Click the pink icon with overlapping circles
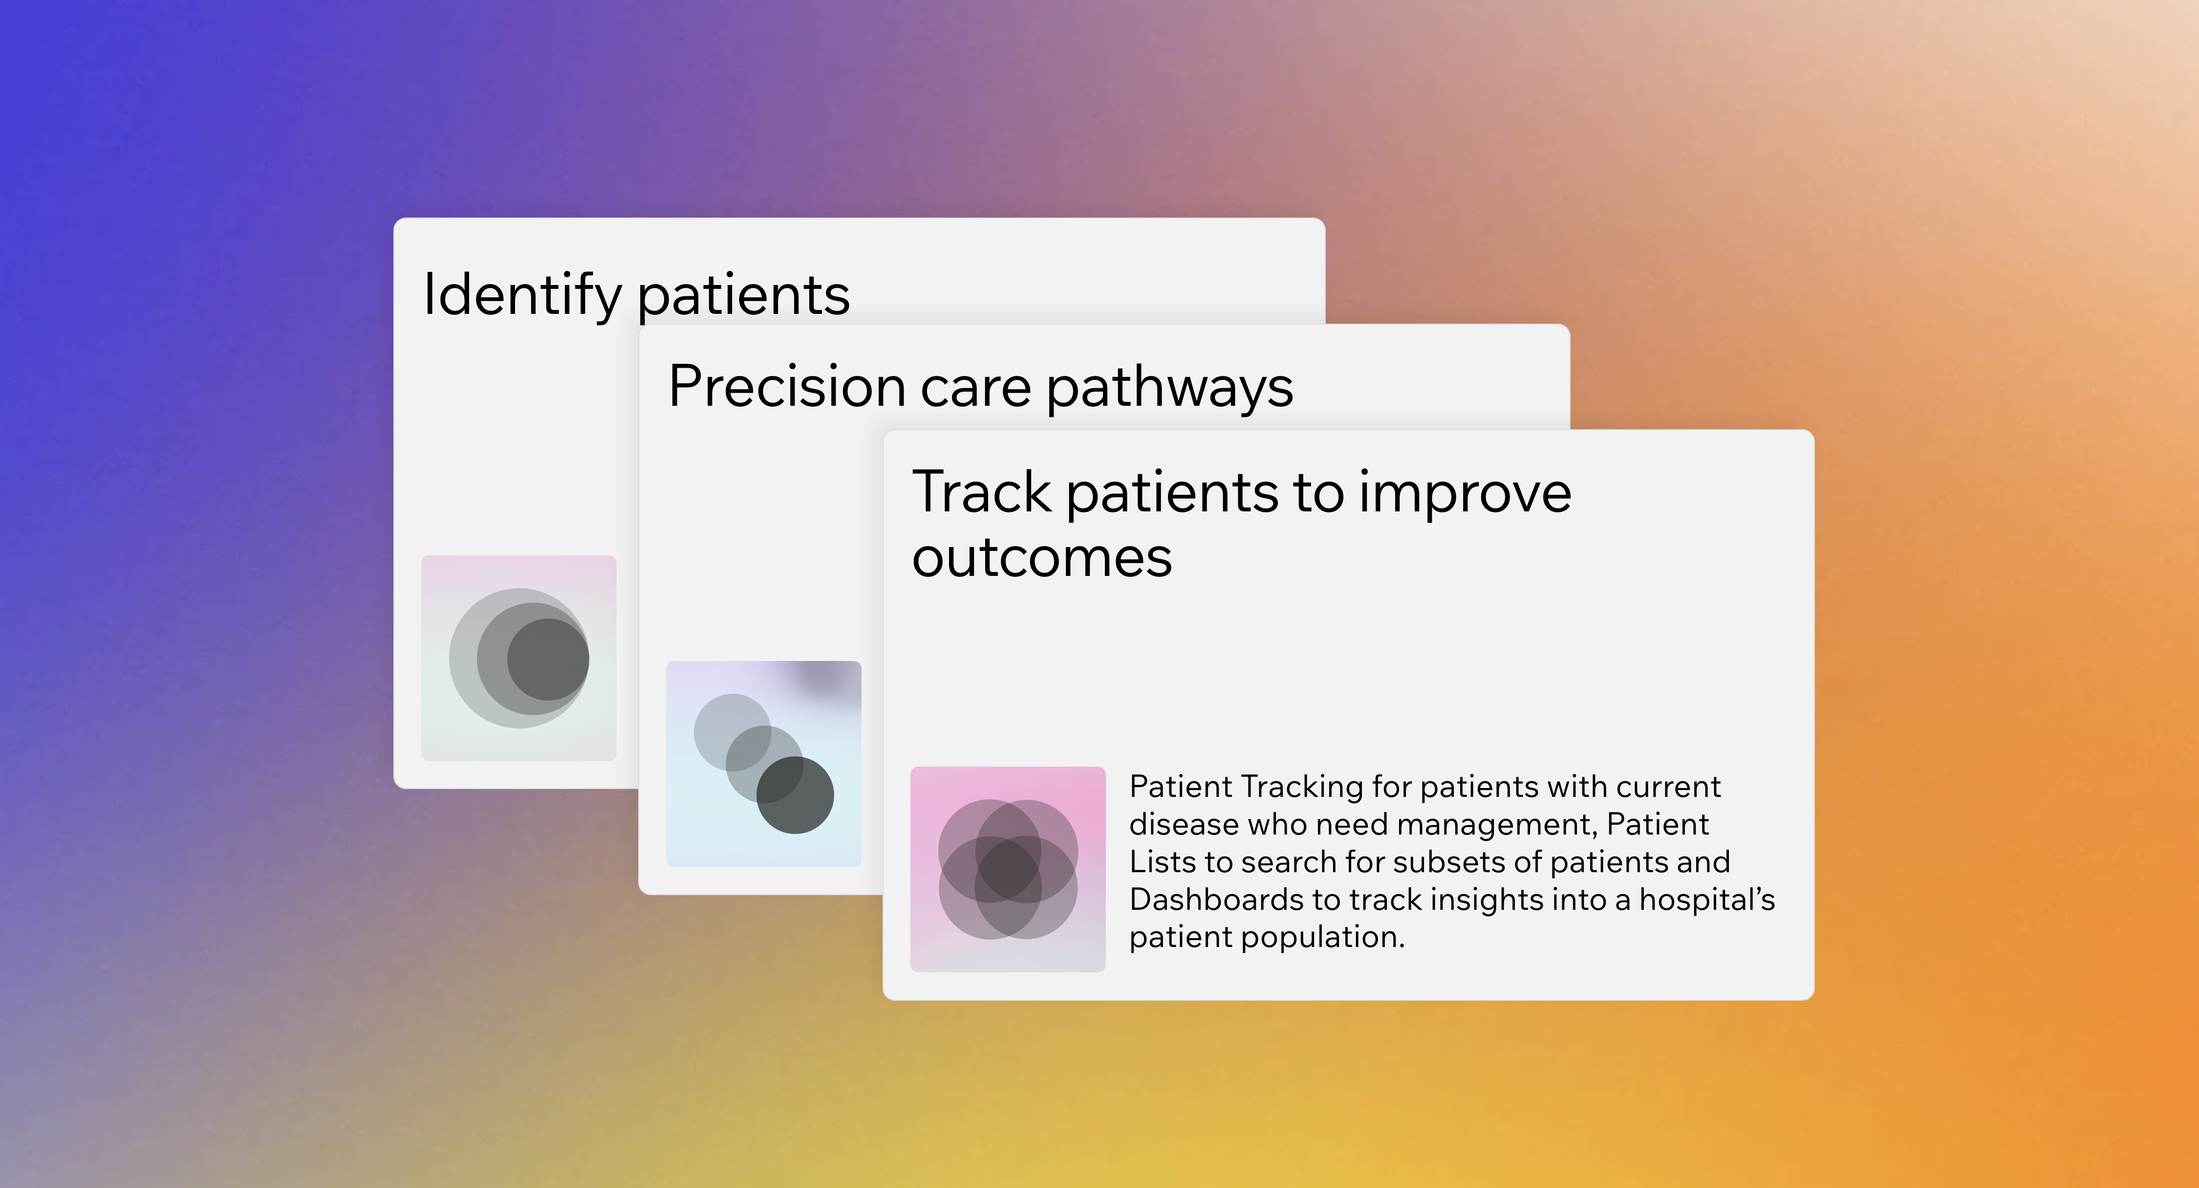click(x=1007, y=869)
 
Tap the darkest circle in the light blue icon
click(x=795, y=795)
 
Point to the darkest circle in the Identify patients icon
click(x=549, y=660)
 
